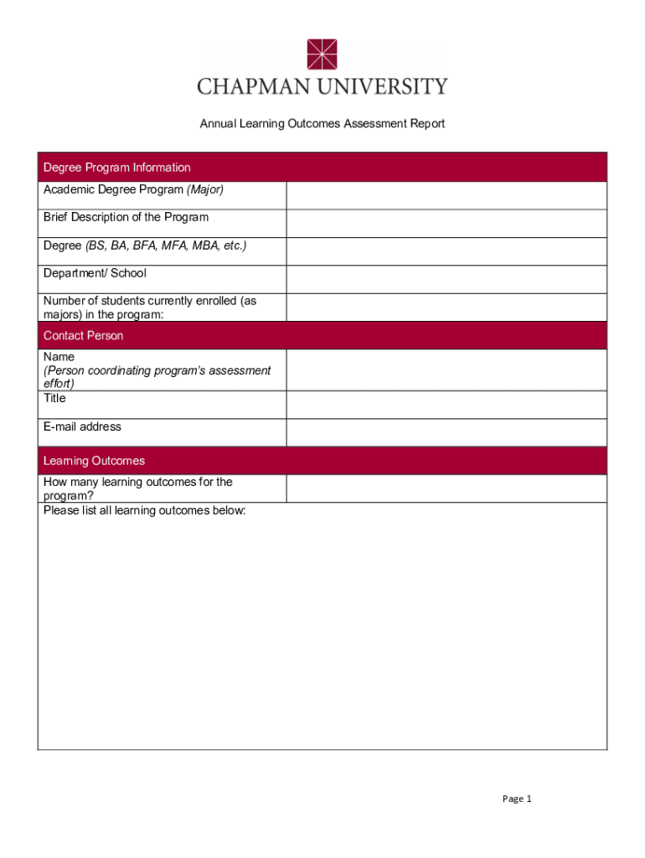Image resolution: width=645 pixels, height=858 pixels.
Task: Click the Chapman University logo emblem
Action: [x=322, y=54]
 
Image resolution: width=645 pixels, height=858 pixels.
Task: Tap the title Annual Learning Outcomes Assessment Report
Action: [x=322, y=124]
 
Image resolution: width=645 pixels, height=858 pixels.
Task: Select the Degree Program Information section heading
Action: [x=117, y=168]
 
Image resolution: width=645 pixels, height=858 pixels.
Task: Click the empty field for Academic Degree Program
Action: [x=446, y=195]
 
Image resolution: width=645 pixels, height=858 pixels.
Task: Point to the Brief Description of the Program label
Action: [x=126, y=218]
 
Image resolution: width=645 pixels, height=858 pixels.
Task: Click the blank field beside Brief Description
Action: [x=446, y=224]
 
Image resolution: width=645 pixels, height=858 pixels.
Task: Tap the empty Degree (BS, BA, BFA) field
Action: [x=446, y=251]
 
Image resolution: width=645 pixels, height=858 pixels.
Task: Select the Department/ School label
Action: [x=95, y=273]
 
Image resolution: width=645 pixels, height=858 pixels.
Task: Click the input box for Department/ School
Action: [x=446, y=280]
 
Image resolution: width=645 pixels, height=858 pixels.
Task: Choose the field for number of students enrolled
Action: [x=446, y=308]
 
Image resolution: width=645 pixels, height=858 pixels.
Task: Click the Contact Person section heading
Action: [x=84, y=336]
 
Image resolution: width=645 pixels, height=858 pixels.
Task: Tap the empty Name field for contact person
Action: [x=446, y=370]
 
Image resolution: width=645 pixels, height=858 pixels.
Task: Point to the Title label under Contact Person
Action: [x=54, y=399]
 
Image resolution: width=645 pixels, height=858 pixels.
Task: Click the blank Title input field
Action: [x=446, y=405]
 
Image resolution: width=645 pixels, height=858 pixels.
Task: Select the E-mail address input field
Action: [x=446, y=432]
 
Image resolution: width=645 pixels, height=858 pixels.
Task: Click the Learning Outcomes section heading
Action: [x=94, y=461]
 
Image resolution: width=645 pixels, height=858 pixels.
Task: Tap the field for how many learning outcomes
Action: [x=446, y=488]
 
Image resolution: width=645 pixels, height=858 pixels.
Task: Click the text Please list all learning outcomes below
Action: [x=145, y=510]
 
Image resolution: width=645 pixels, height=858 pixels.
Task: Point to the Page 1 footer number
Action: [x=517, y=799]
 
